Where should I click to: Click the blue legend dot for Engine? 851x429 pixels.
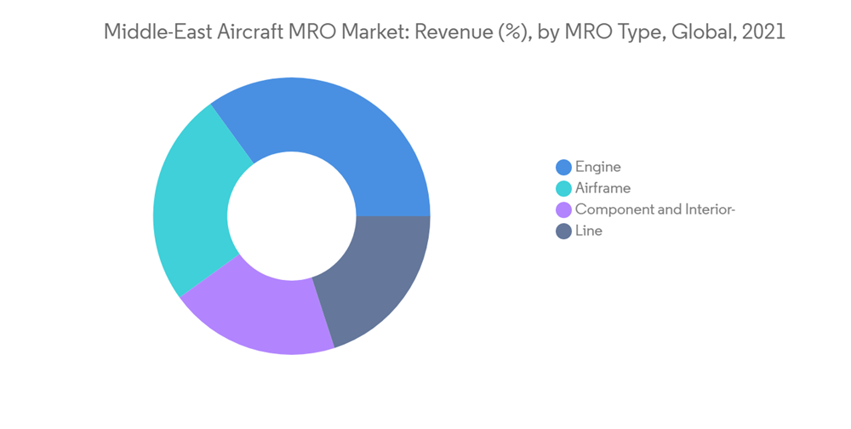coord(563,167)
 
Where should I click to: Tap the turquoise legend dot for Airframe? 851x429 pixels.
coord(563,188)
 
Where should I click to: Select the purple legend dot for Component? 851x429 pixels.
coord(563,209)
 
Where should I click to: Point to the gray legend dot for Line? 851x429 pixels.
coord(563,231)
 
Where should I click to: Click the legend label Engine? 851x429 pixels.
coord(598,167)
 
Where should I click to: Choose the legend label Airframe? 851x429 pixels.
coord(603,188)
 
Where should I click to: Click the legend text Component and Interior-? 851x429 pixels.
coord(654,209)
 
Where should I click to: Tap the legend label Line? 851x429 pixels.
coord(589,231)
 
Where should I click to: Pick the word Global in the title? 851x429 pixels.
coord(700,33)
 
